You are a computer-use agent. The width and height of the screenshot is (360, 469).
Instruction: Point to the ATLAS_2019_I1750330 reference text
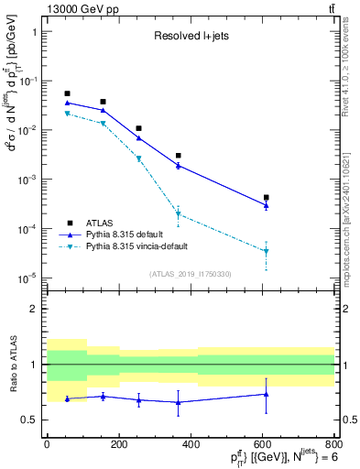(x=190, y=274)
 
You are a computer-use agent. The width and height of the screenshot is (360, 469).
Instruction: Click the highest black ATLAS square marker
(x=67, y=93)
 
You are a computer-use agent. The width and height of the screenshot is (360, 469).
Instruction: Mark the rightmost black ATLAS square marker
(x=267, y=197)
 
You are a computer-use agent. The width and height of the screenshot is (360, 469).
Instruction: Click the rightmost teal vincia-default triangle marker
(x=267, y=251)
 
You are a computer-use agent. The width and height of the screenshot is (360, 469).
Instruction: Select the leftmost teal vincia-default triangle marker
(x=67, y=114)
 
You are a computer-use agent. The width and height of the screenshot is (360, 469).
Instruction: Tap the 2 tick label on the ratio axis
(x=36, y=309)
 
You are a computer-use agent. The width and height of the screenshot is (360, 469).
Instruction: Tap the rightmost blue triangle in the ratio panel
(x=267, y=394)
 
